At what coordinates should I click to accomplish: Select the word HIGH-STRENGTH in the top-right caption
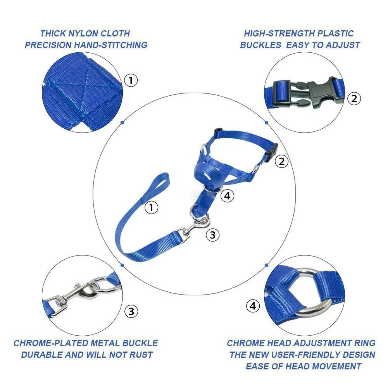point(279,33)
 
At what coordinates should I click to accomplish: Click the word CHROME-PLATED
point(51,343)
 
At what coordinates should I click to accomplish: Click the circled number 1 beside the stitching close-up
point(131,80)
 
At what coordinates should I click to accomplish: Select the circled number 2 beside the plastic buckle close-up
point(354,98)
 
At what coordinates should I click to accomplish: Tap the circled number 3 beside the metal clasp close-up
point(131,311)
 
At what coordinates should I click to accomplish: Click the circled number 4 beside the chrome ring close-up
point(253,306)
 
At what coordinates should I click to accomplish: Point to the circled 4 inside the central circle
point(228,196)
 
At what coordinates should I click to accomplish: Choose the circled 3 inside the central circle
point(212,235)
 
